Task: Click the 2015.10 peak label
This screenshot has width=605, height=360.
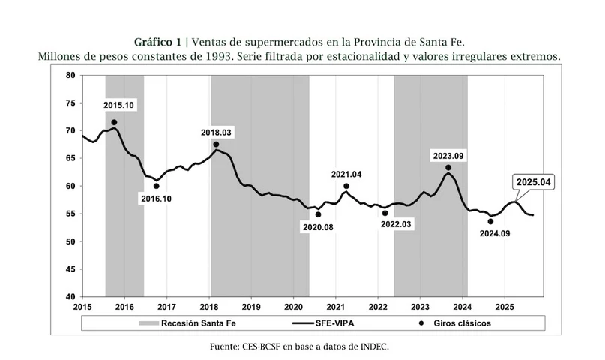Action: (118, 106)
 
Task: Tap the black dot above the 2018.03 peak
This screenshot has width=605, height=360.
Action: (216, 145)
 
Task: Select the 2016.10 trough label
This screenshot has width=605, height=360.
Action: (157, 199)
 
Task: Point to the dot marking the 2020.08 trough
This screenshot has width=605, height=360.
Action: (318, 214)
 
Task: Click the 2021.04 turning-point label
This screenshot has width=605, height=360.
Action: (346, 175)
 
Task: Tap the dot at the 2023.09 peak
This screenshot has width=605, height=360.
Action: (448, 168)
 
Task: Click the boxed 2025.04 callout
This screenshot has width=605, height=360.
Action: (533, 182)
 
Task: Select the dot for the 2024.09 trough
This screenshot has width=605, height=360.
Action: (490, 221)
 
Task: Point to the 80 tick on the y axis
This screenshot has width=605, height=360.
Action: (70, 75)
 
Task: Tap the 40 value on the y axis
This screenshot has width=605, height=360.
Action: (70, 297)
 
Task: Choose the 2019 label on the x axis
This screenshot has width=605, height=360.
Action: (251, 307)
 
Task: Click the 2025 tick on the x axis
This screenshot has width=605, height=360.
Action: (504, 307)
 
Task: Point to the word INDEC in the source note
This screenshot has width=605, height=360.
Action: (375, 346)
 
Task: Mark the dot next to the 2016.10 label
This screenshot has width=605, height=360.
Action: (157, 186)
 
